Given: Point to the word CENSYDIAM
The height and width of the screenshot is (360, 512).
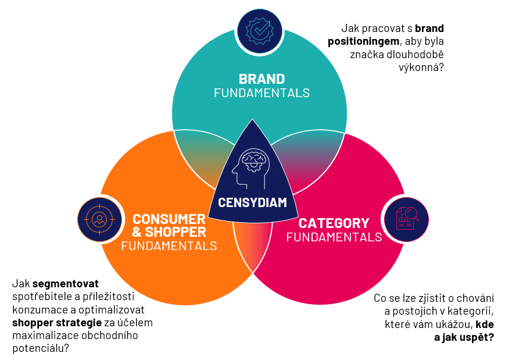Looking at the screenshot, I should click(253, 202).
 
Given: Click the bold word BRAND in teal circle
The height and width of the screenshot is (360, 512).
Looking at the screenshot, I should click(262, 79).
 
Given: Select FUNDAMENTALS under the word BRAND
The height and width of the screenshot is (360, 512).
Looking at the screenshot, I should click(262, 92).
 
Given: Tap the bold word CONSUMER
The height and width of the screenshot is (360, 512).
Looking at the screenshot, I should click(169, 219).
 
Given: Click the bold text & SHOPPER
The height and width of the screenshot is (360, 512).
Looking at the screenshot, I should click(169, 232).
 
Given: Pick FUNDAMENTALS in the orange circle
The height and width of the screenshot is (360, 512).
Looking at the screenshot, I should click(169, 245).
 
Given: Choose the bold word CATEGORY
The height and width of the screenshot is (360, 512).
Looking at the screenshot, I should click(334, 223).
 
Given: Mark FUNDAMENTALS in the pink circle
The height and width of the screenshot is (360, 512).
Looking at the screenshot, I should click(334, 237).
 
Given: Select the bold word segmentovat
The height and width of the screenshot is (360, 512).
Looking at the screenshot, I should click(66, 284).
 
